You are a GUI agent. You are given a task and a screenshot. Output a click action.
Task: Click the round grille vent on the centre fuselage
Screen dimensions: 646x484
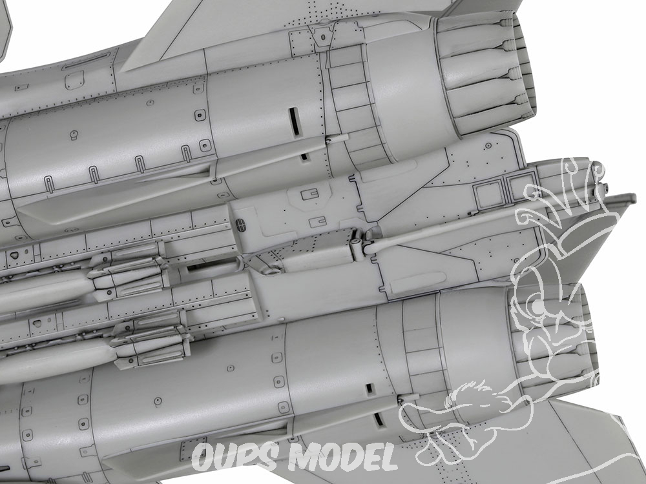pyautogui.click(x=240, y=225)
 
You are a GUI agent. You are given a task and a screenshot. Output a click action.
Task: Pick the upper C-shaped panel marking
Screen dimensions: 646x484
pyautogui.click(x=310, y=194)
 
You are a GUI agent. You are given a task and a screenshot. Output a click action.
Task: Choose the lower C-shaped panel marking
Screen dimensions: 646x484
pyautogui.click(x=318, y=222)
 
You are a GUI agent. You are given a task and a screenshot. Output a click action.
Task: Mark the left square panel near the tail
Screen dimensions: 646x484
pyautogui.click(x=489, y=194)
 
